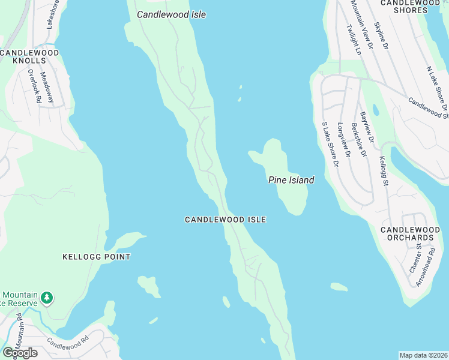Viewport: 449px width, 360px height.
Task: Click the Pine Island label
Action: (x=291, y=180)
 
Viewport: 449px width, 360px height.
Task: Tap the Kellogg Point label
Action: (x=97, y=257)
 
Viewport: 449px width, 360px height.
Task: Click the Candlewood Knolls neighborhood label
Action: (x=29, y=56)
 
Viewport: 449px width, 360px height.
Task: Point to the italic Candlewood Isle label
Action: (x=171, y=14)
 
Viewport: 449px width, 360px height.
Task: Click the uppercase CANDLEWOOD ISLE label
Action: (x=225, y=220)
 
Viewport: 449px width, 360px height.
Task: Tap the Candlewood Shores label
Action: (x=411, y=6)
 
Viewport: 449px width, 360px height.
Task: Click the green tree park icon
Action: (x=47, y=298)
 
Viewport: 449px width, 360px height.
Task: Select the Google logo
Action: (x=19, y=353)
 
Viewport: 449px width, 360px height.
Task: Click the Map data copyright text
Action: (x=424, y=355)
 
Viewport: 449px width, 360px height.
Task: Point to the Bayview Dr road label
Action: (x=367, y=127)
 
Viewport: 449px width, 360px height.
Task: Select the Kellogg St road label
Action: (x=384, y=172)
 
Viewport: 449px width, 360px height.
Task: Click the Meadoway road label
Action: (x=47, y=88)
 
